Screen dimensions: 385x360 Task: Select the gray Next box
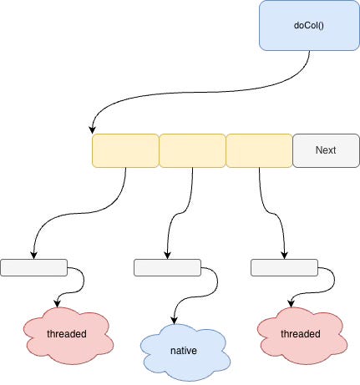(326, 150)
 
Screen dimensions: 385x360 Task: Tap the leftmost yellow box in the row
(125, 150)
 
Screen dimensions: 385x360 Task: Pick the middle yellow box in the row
(192, 150)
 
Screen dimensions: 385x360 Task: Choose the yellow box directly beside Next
(259, 150)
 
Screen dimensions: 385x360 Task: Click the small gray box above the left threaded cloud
(33, 267)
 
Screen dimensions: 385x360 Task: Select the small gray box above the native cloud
(167, 267)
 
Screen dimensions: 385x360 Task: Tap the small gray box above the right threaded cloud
(284, 267)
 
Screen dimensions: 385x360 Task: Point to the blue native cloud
(183, 350)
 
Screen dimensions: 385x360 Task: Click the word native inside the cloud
(183, 351)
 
